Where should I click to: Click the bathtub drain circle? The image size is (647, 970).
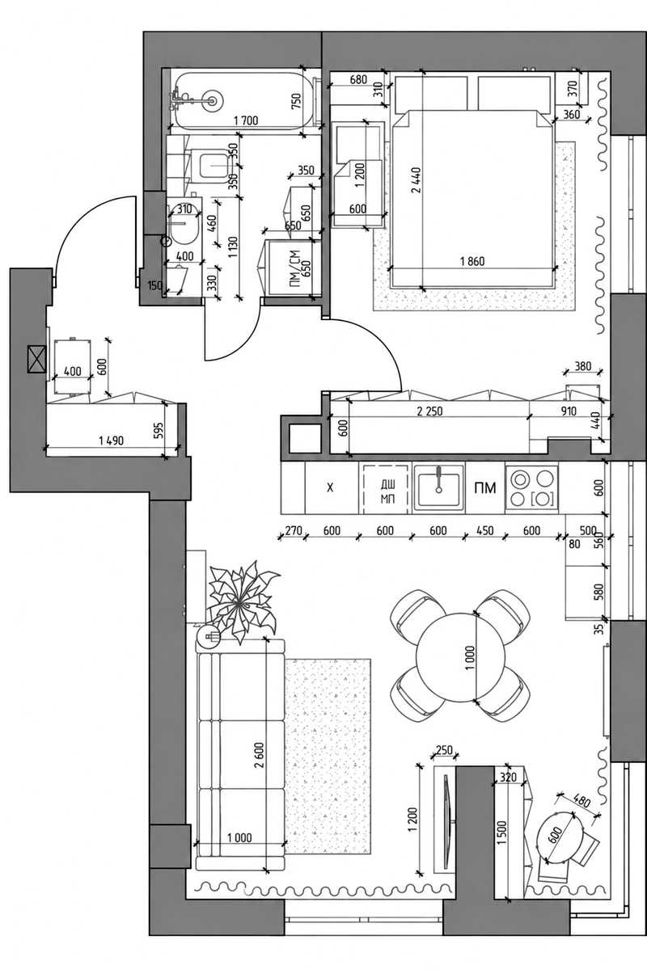[x=213, y=100]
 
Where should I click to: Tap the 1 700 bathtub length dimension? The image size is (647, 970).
[x=246, y=120]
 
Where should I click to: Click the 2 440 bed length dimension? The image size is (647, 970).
[x=416, y=179]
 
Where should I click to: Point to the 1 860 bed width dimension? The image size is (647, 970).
[x=472, y=262]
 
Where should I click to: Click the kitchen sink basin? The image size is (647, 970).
[x=438, y=488]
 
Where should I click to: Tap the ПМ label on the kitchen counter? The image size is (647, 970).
[x=485, y=488]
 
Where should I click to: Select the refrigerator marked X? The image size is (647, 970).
[x=332, y=487]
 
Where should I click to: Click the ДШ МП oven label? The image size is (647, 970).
[x=388, y=491]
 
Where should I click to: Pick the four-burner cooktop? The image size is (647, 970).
[x=531, y=487]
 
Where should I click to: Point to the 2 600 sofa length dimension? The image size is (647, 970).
[x=259, y=755]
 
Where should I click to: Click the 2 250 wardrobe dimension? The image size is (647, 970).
[x=429, y=411]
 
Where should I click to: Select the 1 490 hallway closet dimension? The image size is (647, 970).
[x=112, y=441]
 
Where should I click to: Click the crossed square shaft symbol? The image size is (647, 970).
[x=36, y=359]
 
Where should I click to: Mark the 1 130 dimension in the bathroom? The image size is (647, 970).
[x=233, y=247]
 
